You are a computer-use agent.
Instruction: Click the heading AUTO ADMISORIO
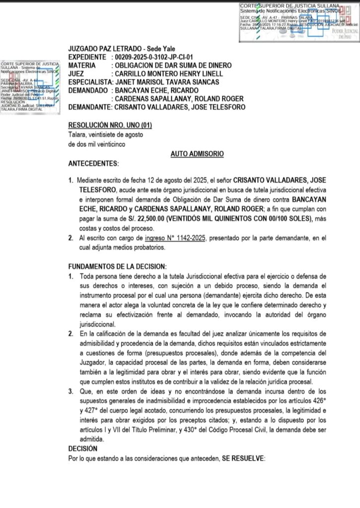[x=197, y=154]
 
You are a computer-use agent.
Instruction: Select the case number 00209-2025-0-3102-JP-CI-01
[x=153, y=57]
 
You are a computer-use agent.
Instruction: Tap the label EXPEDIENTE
[x=88, y=57]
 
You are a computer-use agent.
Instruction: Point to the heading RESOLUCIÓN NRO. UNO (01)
[x=110, y=125]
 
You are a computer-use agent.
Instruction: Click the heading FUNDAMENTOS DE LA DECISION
[x=117, y=266]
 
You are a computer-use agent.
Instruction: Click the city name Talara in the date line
[x=77, y=135]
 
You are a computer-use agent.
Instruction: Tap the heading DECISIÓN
[x=82, y=448]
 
